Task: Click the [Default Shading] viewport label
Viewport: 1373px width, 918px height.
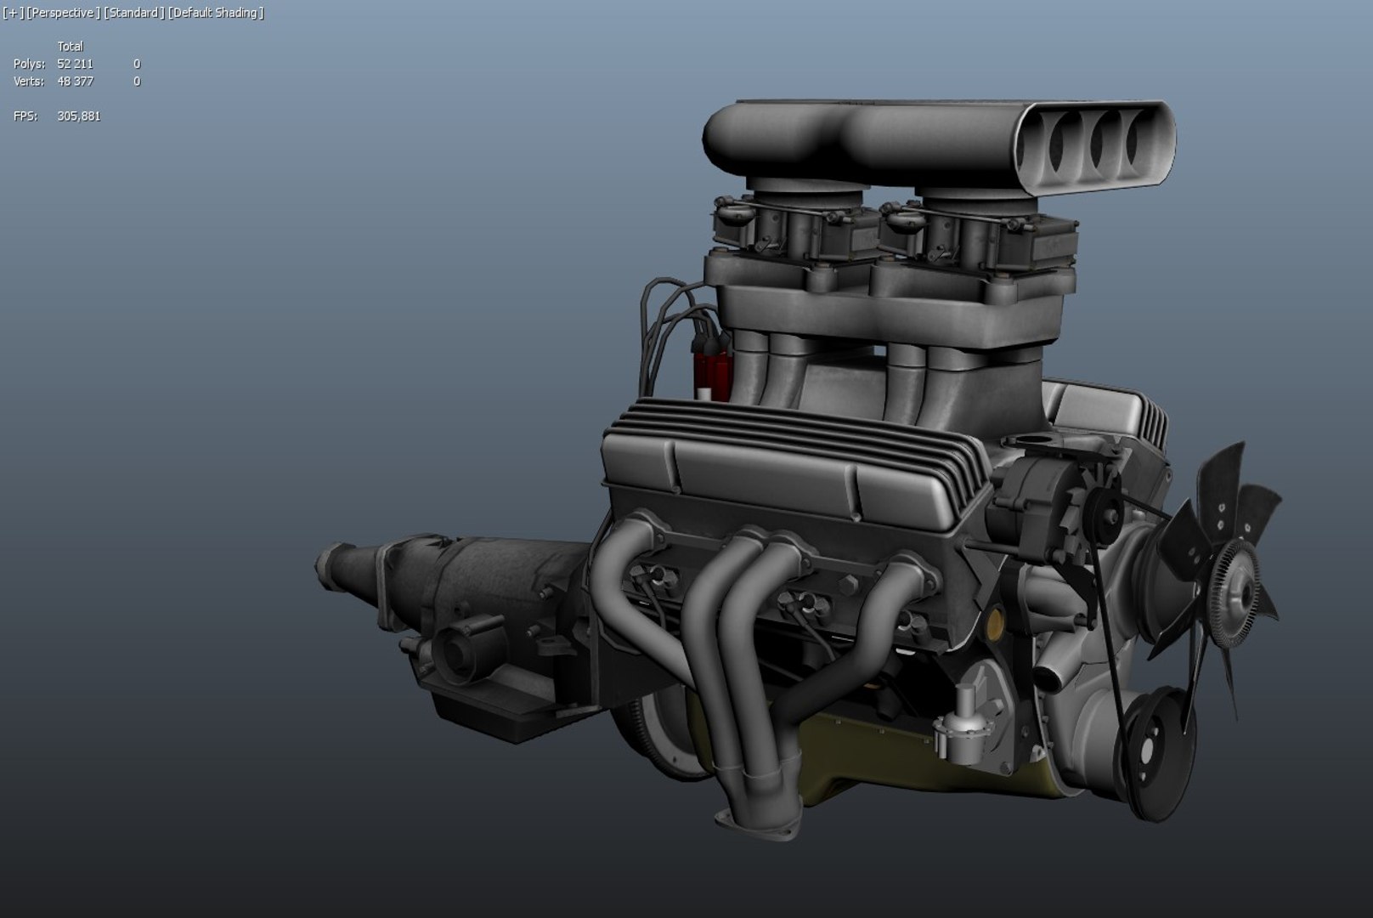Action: point(216,13)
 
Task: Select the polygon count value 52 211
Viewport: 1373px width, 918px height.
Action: point(75,64)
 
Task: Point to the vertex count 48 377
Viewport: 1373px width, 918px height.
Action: point(75,82)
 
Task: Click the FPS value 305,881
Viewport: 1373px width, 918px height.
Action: point(78,116)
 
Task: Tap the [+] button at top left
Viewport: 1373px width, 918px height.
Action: point(13,13)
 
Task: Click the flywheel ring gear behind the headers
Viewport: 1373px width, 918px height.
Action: point(646,739)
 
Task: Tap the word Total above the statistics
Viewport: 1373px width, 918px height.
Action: point(70,47)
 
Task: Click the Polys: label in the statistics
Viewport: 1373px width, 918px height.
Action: point(29,64)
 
